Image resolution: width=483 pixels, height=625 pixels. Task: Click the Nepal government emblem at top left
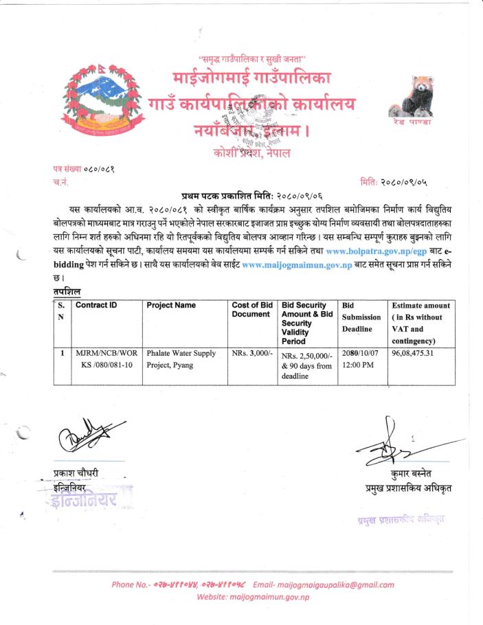click(97, 102)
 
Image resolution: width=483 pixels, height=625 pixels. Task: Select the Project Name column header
click(171, 305)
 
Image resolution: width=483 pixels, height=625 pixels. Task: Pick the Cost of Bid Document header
click(252, 310)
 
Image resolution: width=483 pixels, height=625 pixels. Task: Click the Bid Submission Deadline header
click(361, 317)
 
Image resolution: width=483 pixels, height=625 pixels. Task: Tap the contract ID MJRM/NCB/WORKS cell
click(106, 359)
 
